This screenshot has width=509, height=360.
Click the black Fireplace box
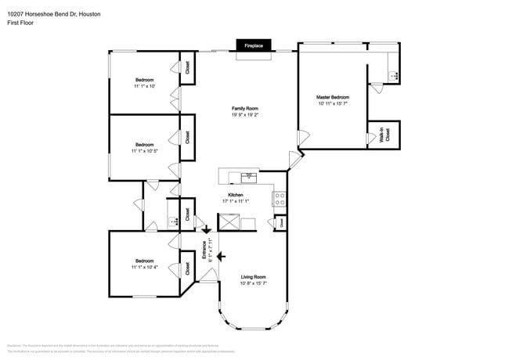[254, 46]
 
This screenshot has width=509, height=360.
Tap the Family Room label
[244, 108]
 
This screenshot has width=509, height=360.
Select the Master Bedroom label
[333, 97]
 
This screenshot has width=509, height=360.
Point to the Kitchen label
[235, 195]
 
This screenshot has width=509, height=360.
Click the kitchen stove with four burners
[279, 199]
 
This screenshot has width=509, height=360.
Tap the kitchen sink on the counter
[249, 175]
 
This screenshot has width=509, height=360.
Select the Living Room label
[253, 277]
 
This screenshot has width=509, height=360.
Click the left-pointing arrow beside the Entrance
[222, 256]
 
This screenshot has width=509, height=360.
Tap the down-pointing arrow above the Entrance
[207, 229]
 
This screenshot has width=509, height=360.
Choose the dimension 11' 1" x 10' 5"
[145, 151]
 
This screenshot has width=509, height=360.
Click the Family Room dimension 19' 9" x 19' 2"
[244, 115]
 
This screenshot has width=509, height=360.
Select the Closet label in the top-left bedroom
[186, 67]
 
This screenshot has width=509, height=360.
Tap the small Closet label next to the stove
[281, 223]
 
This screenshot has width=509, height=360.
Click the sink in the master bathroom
[395, 76]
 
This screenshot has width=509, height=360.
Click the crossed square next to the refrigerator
[229, 223]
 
